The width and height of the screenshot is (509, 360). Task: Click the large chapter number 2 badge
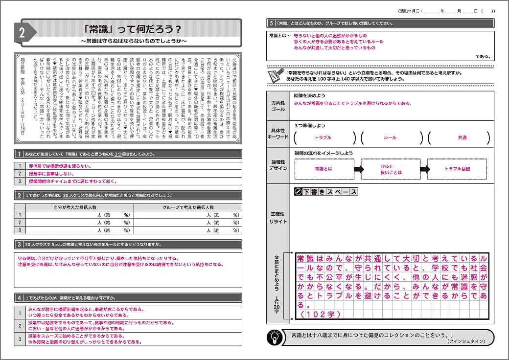click(x=23, y=33)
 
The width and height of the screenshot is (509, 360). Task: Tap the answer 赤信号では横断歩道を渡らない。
click(x=60, y=166)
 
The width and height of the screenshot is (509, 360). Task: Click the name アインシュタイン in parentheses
click(x=465, y=341)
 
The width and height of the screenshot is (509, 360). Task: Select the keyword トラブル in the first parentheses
click(x=324, y=138)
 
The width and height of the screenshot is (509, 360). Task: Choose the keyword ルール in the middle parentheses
click(x=390, y=138)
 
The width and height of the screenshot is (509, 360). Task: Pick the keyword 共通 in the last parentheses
click(x=462, y=138)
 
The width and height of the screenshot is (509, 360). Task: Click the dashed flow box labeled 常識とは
click(x=324, y=169)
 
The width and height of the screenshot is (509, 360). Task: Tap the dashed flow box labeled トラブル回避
click(x=457, y=169)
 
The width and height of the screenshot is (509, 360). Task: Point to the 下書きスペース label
click(x=326, y=192)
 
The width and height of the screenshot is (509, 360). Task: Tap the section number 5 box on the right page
click(x=271, y=23)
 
